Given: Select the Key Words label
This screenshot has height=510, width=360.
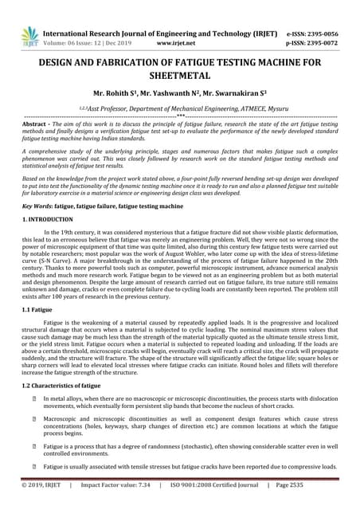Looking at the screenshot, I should coord(37,206).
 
